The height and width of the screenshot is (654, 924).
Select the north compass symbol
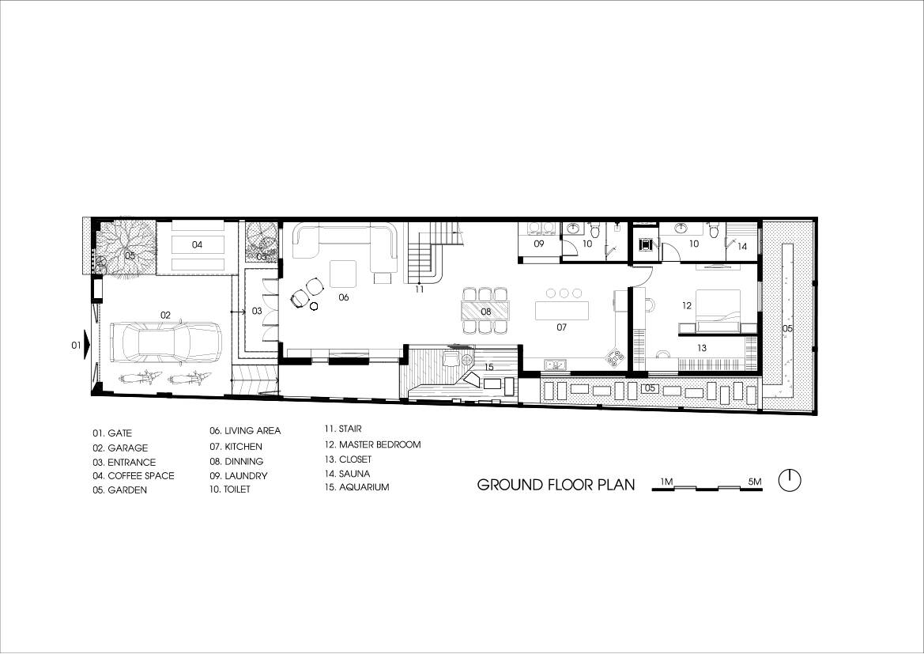(x=790, y=481)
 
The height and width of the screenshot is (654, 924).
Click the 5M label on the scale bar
(x=754, y=482)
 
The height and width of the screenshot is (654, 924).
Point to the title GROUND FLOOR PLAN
(x=556, y=485)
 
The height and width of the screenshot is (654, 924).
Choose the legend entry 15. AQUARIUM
(x=356, y=487)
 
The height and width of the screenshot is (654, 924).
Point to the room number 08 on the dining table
(x=486, y=312)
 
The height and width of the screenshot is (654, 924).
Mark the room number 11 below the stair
(x=420, y=289)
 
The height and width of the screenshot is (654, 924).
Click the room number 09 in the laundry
(x=538, y=244)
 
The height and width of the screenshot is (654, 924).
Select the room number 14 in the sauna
(x=741, y=247)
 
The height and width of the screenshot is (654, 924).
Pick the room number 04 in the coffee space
(x=196, y=245)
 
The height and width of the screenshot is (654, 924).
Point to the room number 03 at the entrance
(x=257, y=312)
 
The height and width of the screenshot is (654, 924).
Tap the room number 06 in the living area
(x=343, y=297)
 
